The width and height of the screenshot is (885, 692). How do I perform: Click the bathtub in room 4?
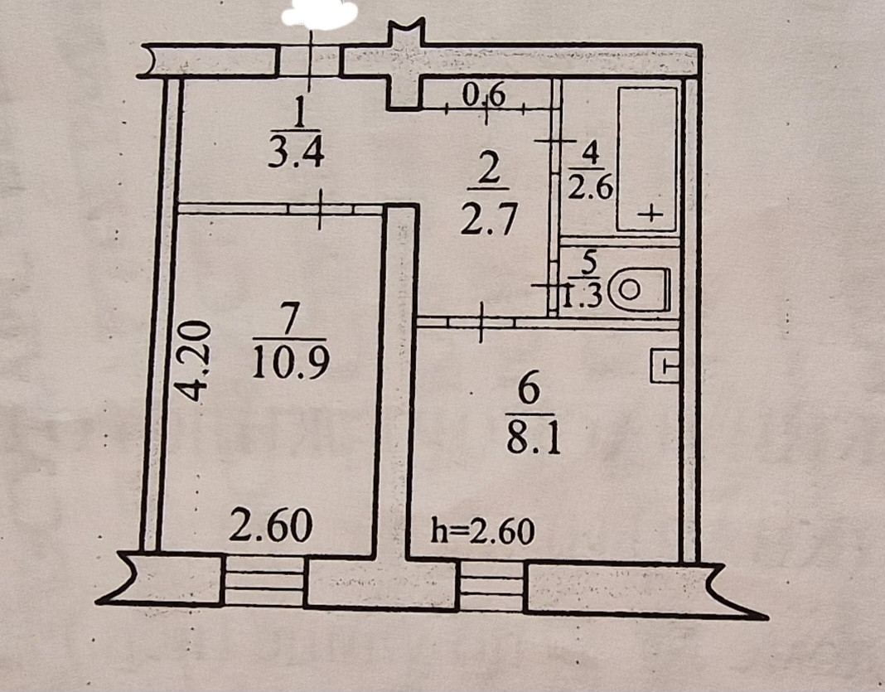(x=647, y=157)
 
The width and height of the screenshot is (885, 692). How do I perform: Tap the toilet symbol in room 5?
(x=638, y=289)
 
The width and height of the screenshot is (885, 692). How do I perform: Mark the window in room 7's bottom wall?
(x=264, y=582)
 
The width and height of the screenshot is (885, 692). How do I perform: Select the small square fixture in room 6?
(x=665, y=365)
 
